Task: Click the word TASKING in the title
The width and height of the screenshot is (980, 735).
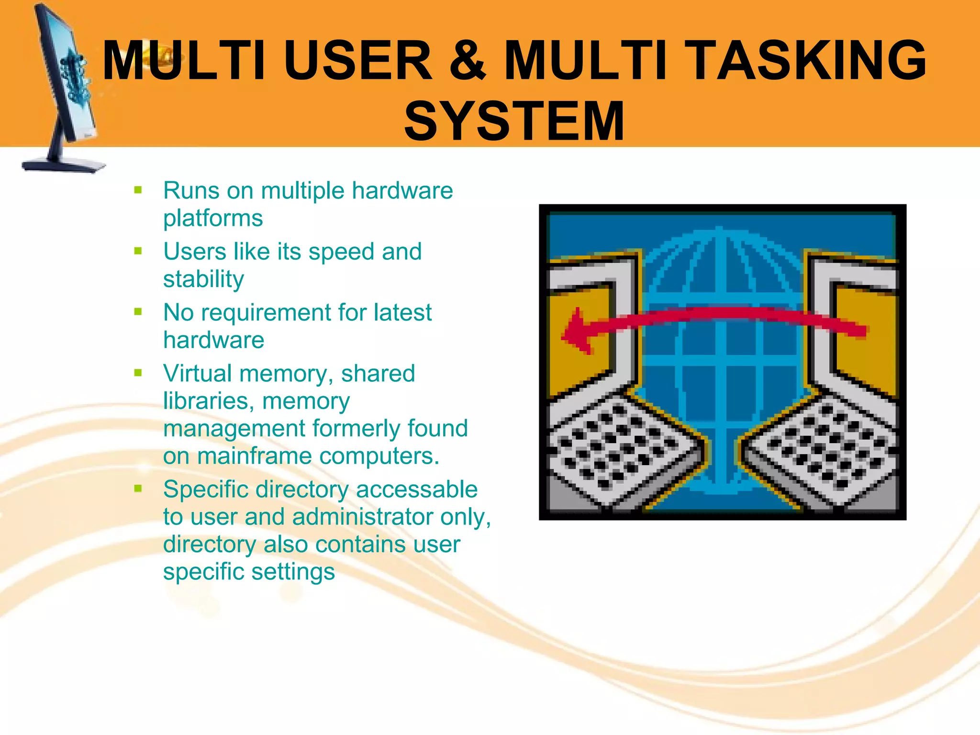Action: pos(808,60)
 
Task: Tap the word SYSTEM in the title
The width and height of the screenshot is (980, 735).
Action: pos(514,121)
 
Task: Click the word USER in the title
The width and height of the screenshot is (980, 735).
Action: pos(357,60)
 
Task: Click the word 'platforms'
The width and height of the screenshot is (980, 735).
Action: pos(213,218)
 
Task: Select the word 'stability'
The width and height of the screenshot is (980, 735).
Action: pos(203,279)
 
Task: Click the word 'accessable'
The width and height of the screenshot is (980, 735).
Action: pos(416,490)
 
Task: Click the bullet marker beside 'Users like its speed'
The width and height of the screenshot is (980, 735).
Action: pos(138,251)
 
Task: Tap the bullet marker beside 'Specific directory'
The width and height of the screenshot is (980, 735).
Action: pos(138,489)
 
